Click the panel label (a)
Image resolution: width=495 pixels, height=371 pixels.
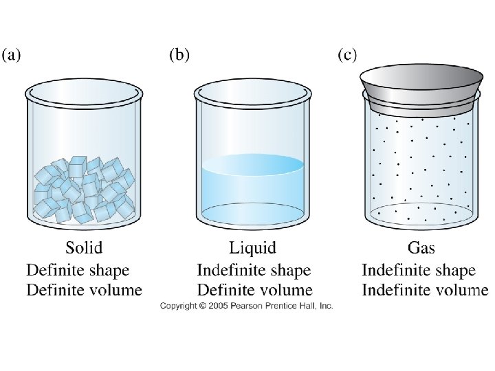pyautogui.click(x=12, y=56)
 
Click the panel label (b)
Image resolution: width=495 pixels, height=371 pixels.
pyautogui.click(x=179, y=55)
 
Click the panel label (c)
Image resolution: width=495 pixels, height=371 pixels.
pyautogui.click(x=347, y=55)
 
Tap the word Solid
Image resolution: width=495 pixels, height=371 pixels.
pyautogui.click(x=84, y=247)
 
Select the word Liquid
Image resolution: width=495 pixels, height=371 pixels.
pyautogui.click(x=252, y=247)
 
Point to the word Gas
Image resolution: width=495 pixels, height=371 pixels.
pyautogui.click(x=418, y=247)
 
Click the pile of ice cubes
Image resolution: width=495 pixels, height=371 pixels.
pyautogui.click(x=84, y=189)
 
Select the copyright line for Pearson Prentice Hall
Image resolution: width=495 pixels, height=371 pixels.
pyautogui.click(x=246, y=305)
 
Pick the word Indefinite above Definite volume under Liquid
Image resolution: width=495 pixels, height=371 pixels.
pyautogui.click(x=230, y=270)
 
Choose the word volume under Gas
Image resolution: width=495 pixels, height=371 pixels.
pyautogui.click(x=461, y=289)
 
